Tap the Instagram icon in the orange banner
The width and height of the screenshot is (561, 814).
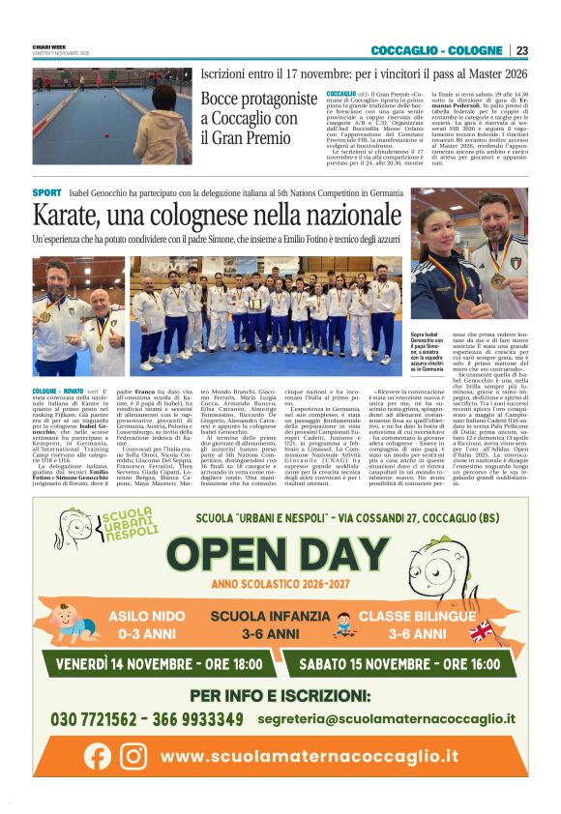pyautogui.click(x=133, y=755)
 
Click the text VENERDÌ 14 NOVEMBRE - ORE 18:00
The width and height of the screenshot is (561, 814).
pyautogui.click(x=159, y=665)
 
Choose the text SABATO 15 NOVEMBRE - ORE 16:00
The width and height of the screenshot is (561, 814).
pyautogui.click(x=397, y=665)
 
